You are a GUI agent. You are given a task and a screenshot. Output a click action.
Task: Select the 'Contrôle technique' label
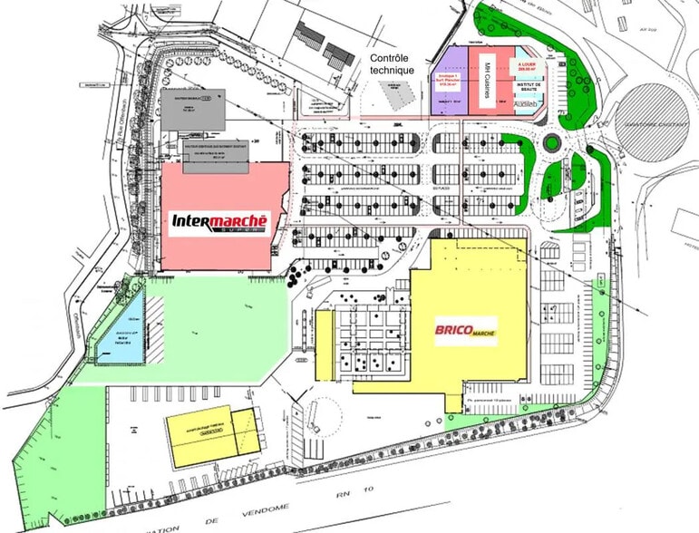tap(393, 64)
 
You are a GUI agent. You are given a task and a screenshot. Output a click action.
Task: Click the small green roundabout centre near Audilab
tap(552, 143)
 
